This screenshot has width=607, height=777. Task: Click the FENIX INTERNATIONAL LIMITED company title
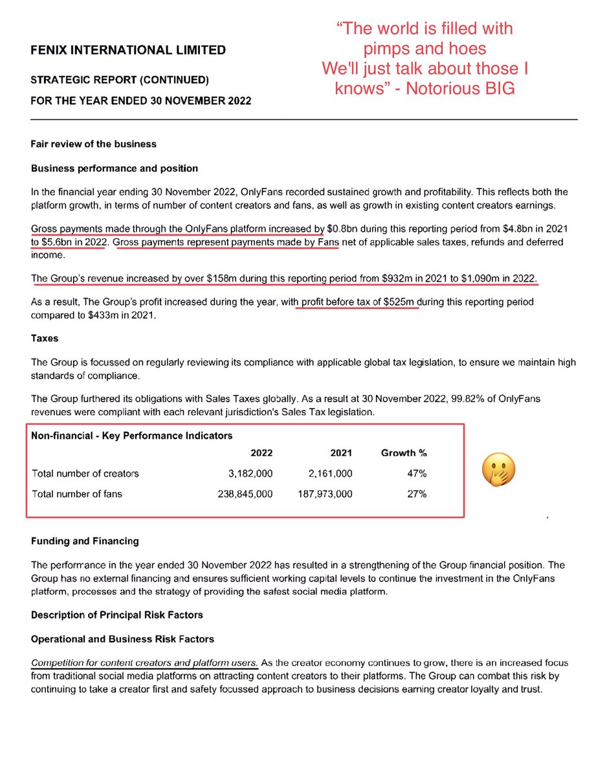pyautogui.click(x=129, y=49)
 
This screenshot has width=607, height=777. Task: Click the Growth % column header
pyautogui.click(x=404, y=453)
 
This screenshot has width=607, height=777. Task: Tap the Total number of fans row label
pyautogui.click(x=76, y=494)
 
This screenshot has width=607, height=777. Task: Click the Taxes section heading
pyautogui.click(x=45, y=338)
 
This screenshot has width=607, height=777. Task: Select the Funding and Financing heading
pyautogui.click(x=85, y=541)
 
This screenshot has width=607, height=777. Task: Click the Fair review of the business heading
pyautogui.click(x=94, y=144)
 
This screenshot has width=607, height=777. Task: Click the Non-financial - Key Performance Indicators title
pyautogui.click(x=132, y=436)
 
